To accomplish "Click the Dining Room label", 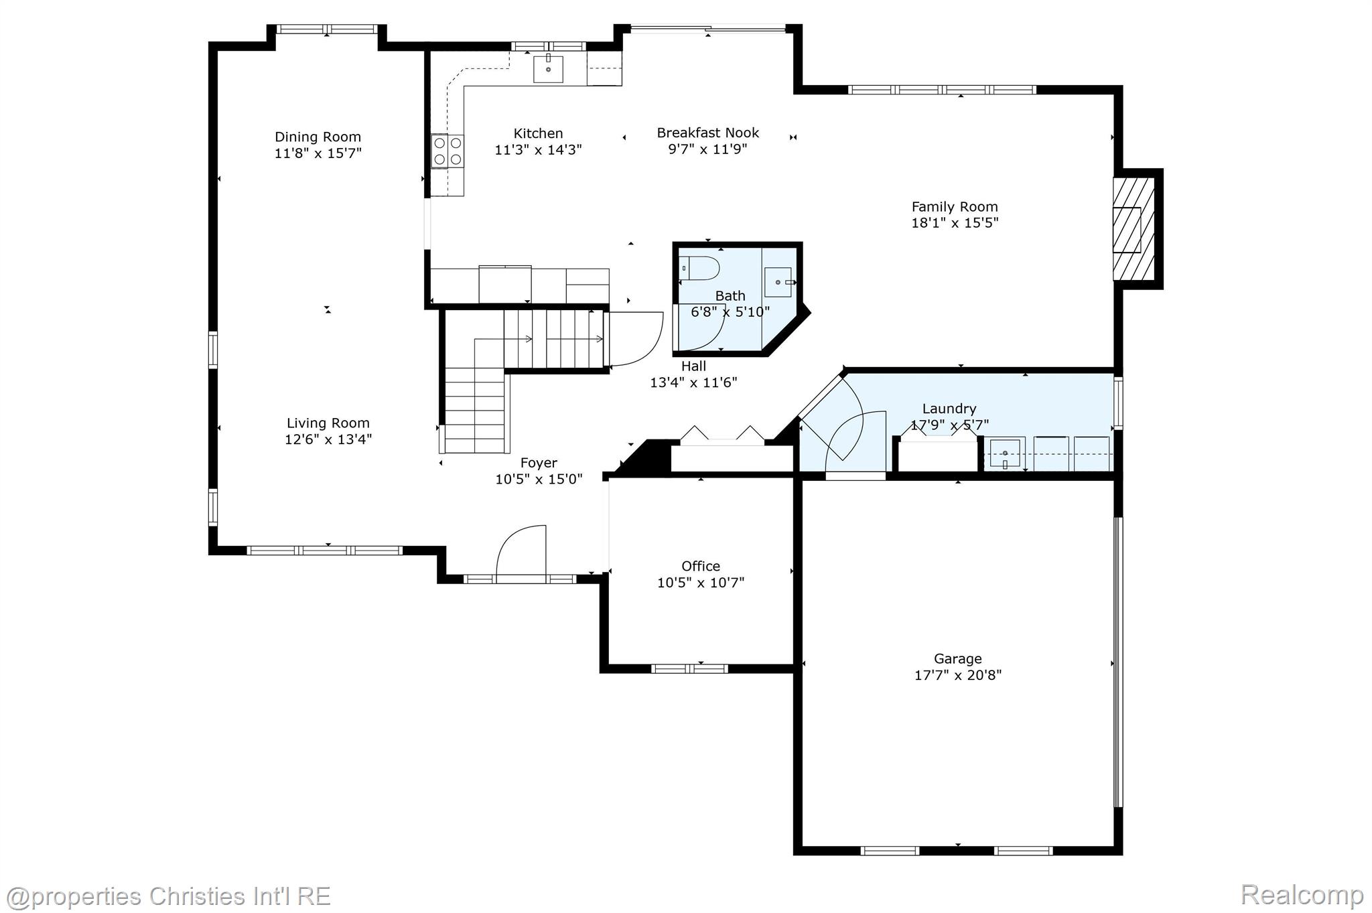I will tap(318, 137).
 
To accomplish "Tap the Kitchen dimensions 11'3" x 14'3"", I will tap(538, 150).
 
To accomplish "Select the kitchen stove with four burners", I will tap(448, 151).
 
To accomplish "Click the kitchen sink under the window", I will tap(548, 69).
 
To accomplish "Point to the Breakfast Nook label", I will tap(707, 133).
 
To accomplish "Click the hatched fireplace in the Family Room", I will tap(1134, 229).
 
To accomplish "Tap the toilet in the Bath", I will tap(699, 269).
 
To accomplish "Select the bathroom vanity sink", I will tap(778, 282).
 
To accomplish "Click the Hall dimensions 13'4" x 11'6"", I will tap(693, 382).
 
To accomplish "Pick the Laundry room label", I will tap(949, 409).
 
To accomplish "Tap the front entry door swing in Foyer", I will tap(522, 551).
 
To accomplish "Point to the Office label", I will tap(700, 566).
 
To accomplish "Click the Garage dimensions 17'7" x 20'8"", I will tap(957, 675).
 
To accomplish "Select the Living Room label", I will tap(328, 423).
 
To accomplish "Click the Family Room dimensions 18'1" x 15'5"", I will tap(954, 223).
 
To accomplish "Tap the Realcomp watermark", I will tap(1301, 894).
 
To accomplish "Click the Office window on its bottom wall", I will tap(689, 669).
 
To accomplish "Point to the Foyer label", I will tap(539, 463).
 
